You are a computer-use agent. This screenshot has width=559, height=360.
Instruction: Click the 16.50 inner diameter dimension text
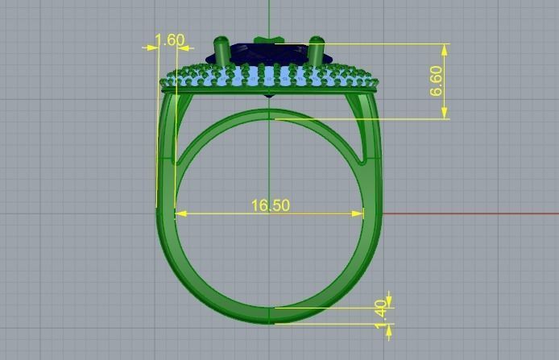[270, 205]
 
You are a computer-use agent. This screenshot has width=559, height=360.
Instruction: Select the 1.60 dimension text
[169, 40]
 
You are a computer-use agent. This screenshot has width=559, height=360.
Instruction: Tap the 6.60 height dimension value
[436, 81]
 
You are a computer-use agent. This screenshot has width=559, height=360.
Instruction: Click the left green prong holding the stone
[221, 52]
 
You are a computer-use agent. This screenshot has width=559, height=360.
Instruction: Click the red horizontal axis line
[483, 213]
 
